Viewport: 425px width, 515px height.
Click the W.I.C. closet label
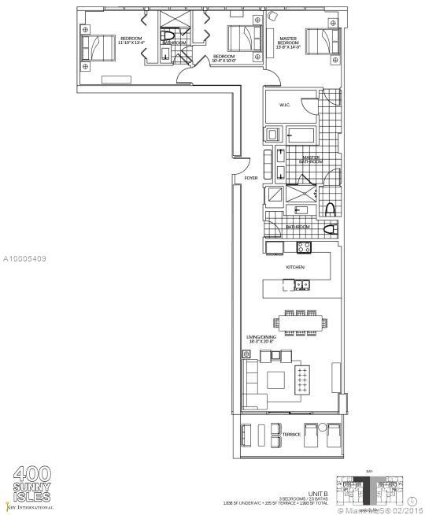click(x=285, y=106)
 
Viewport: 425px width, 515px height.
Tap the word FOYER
click(x=251, y=179)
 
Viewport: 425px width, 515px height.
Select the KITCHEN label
click(x=295, y=268)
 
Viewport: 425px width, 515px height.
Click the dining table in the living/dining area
click(x=300, y=321)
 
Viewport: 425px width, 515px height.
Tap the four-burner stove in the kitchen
click(x=303, y=248)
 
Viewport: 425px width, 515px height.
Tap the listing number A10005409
click(x=25, y=257)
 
